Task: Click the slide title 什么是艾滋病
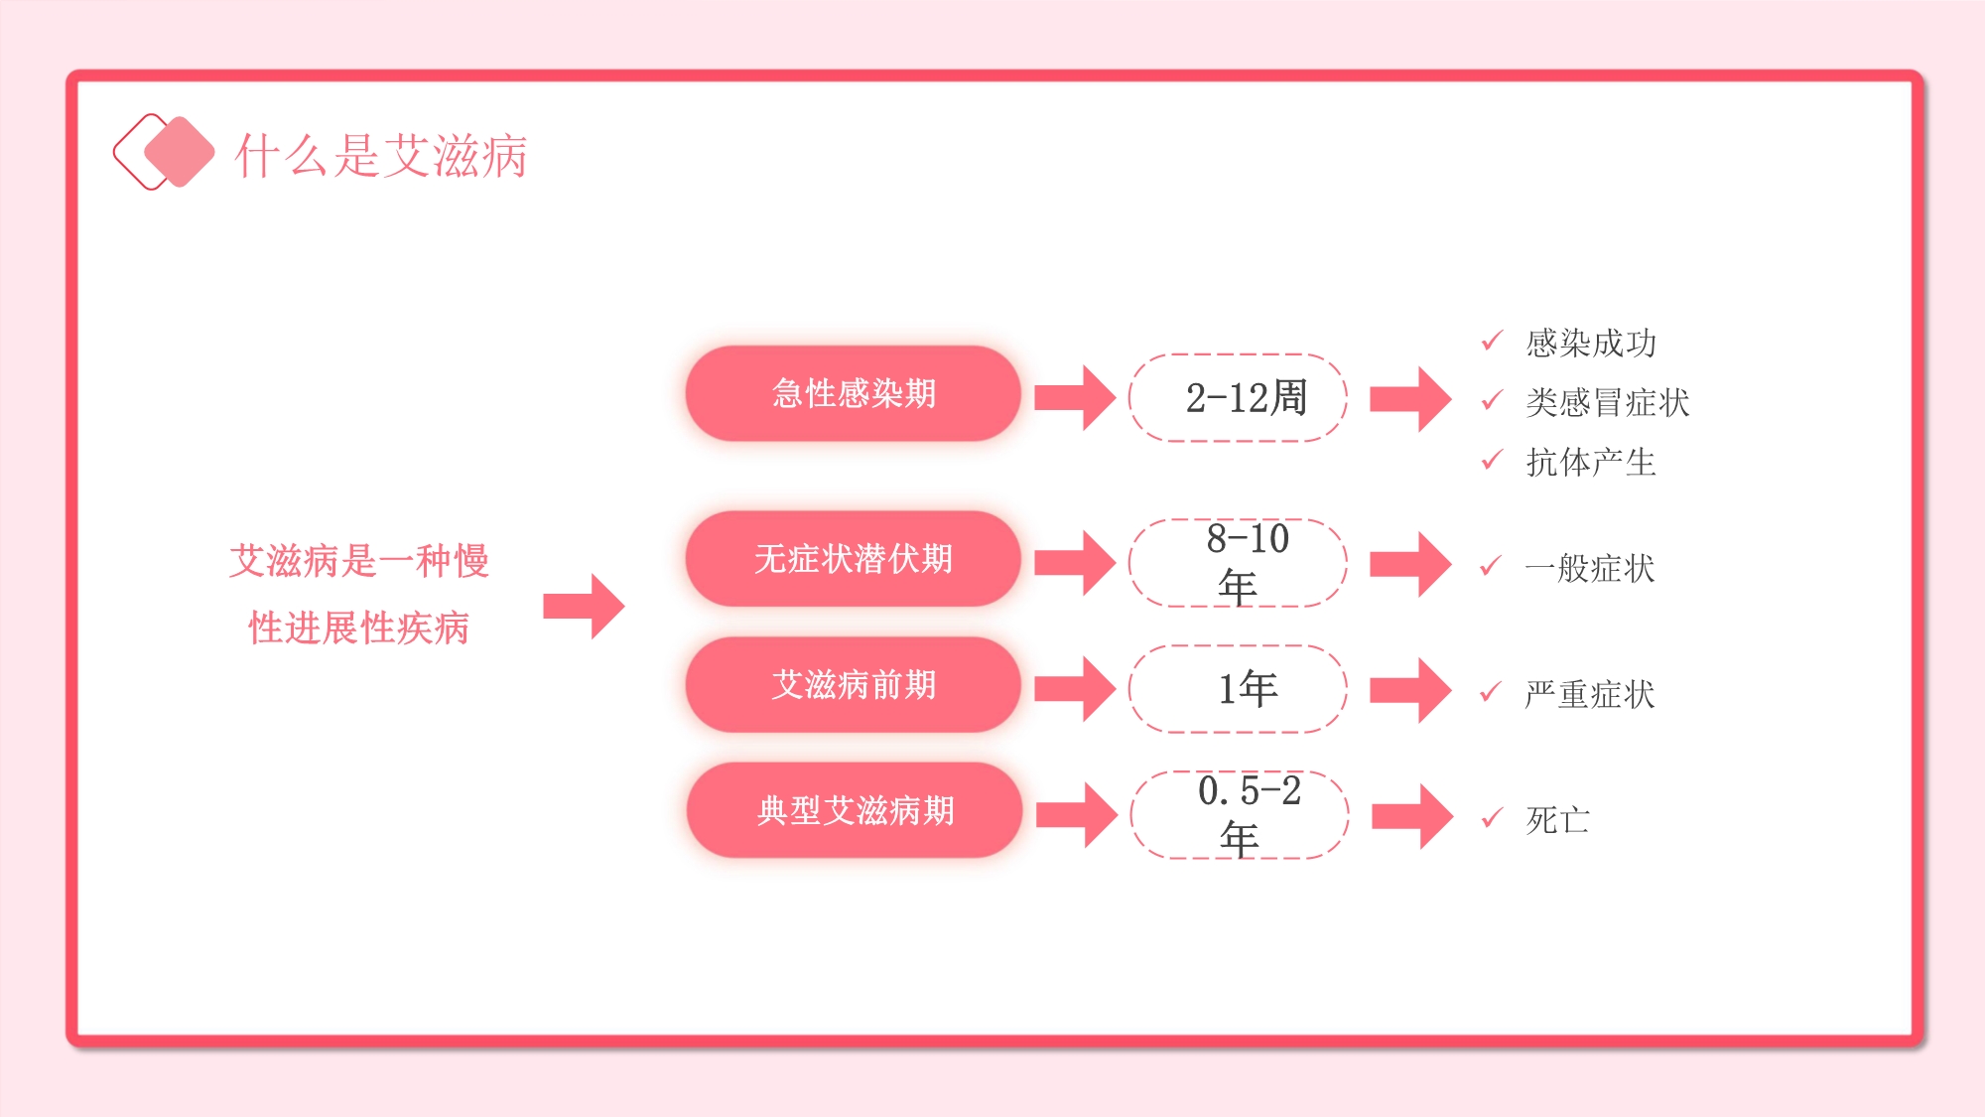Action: [x=381, y=156]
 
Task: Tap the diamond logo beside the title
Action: [x=164, y=152]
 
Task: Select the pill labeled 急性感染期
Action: [x=853, y=393]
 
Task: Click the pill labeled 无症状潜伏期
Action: [x=853, y=559]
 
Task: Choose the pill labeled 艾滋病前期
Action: [x=853, y=685]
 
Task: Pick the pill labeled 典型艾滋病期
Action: [x=855, y=810]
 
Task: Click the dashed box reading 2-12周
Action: [x=1238, y=397]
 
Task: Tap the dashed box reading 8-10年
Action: [x=1238, y=563]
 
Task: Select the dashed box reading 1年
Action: [x=1238, y=689]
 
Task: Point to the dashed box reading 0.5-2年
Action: [x=1240, y=814]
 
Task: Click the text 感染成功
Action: [x=1591, y=343]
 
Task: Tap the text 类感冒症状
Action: [x=1607, y=402]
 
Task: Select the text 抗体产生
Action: [x=1591, y=462]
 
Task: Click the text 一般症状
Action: [x=1590, y=568]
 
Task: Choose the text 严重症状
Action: [x=1590, y=694]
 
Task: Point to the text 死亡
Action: [x=1558, y=820]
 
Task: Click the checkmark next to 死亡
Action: [x=1492, y=818]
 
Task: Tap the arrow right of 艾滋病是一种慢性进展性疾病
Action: [x=585, y=606]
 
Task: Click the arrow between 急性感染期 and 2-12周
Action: [x=1075, y=398]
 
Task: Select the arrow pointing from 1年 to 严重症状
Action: [x=1410, y=690]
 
